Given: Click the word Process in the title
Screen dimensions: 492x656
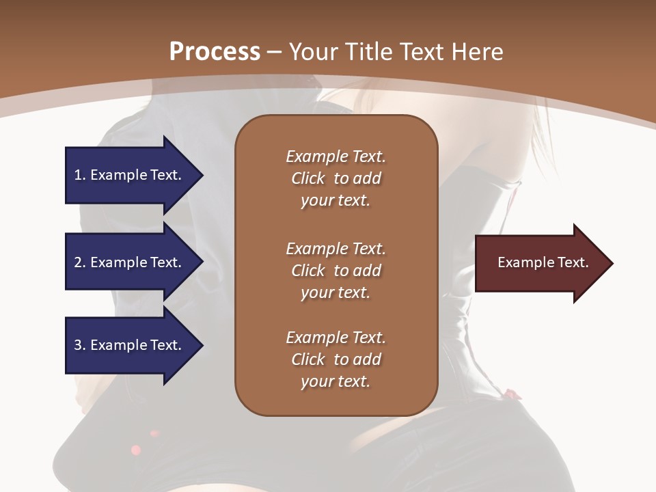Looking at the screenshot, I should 215,52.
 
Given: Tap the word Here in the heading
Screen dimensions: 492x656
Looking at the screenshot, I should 478,52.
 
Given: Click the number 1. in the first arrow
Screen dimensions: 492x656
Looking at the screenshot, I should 80,176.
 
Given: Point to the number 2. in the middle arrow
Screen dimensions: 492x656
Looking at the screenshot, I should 80,262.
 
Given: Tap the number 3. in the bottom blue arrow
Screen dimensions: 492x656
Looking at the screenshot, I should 80,345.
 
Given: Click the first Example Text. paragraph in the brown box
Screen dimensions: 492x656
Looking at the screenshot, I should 336,178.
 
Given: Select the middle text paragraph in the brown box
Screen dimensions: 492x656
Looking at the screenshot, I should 336,270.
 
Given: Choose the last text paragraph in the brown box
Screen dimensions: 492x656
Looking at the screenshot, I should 336,359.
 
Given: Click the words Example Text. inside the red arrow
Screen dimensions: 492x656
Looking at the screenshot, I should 543,262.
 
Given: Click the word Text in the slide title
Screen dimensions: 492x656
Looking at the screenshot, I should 427,52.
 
